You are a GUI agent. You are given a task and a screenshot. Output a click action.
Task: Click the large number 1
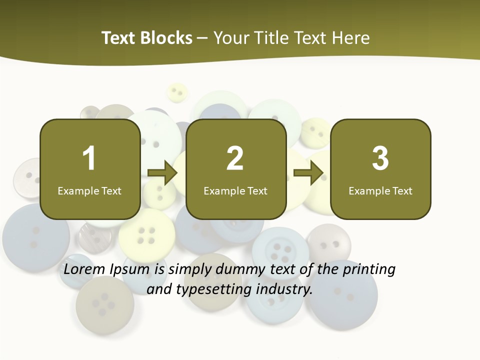pos(89,158)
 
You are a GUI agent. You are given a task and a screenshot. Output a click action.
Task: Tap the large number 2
pos(235,158)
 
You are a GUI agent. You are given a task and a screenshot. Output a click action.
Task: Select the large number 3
pos(380,158)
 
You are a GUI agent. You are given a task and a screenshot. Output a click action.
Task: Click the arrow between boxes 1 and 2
pos(163,173)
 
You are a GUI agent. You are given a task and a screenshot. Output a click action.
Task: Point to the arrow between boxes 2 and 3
pos(308,173)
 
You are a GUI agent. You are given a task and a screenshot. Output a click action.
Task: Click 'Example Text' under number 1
pos(89,191)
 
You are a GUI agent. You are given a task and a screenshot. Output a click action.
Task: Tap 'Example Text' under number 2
pos(235,191)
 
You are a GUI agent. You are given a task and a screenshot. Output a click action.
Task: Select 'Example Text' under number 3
pos(380,191)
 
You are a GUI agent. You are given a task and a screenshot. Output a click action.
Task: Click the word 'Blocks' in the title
pos(166,38)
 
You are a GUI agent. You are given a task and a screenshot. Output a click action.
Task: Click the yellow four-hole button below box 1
pos(146,235)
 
